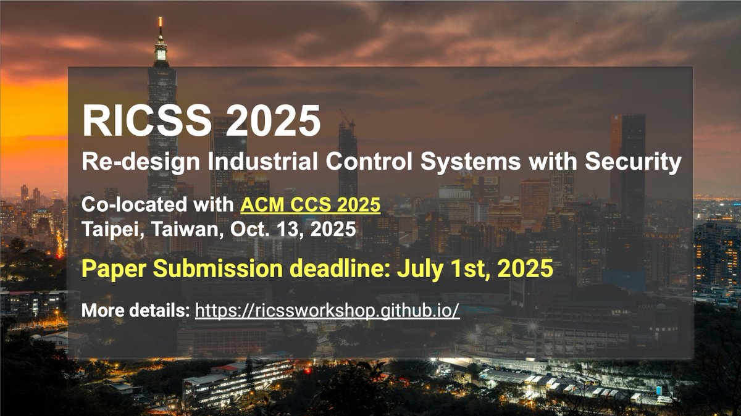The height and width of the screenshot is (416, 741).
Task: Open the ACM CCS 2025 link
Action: [311, 204]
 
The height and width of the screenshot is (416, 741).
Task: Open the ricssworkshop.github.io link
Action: [327, 310]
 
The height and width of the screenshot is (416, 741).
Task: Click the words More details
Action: [135, 310]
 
